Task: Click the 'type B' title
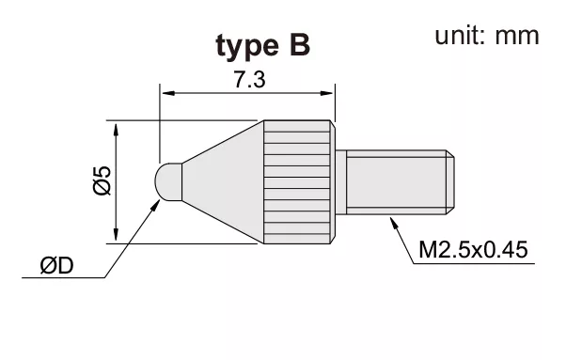(x=263, y=46)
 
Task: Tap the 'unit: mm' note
(x=487, y=36)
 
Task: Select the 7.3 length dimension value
(x=249, y=80)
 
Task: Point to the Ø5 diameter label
(x=102, y=181)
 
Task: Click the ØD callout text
(x=57, y=266)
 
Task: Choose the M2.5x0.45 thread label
(x=473, y=249)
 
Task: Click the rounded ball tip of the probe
(x=168, y=181)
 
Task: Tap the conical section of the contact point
(x=222, y=181)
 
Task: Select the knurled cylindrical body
(x=299, y=181)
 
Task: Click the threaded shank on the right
(x=396, y=182)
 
